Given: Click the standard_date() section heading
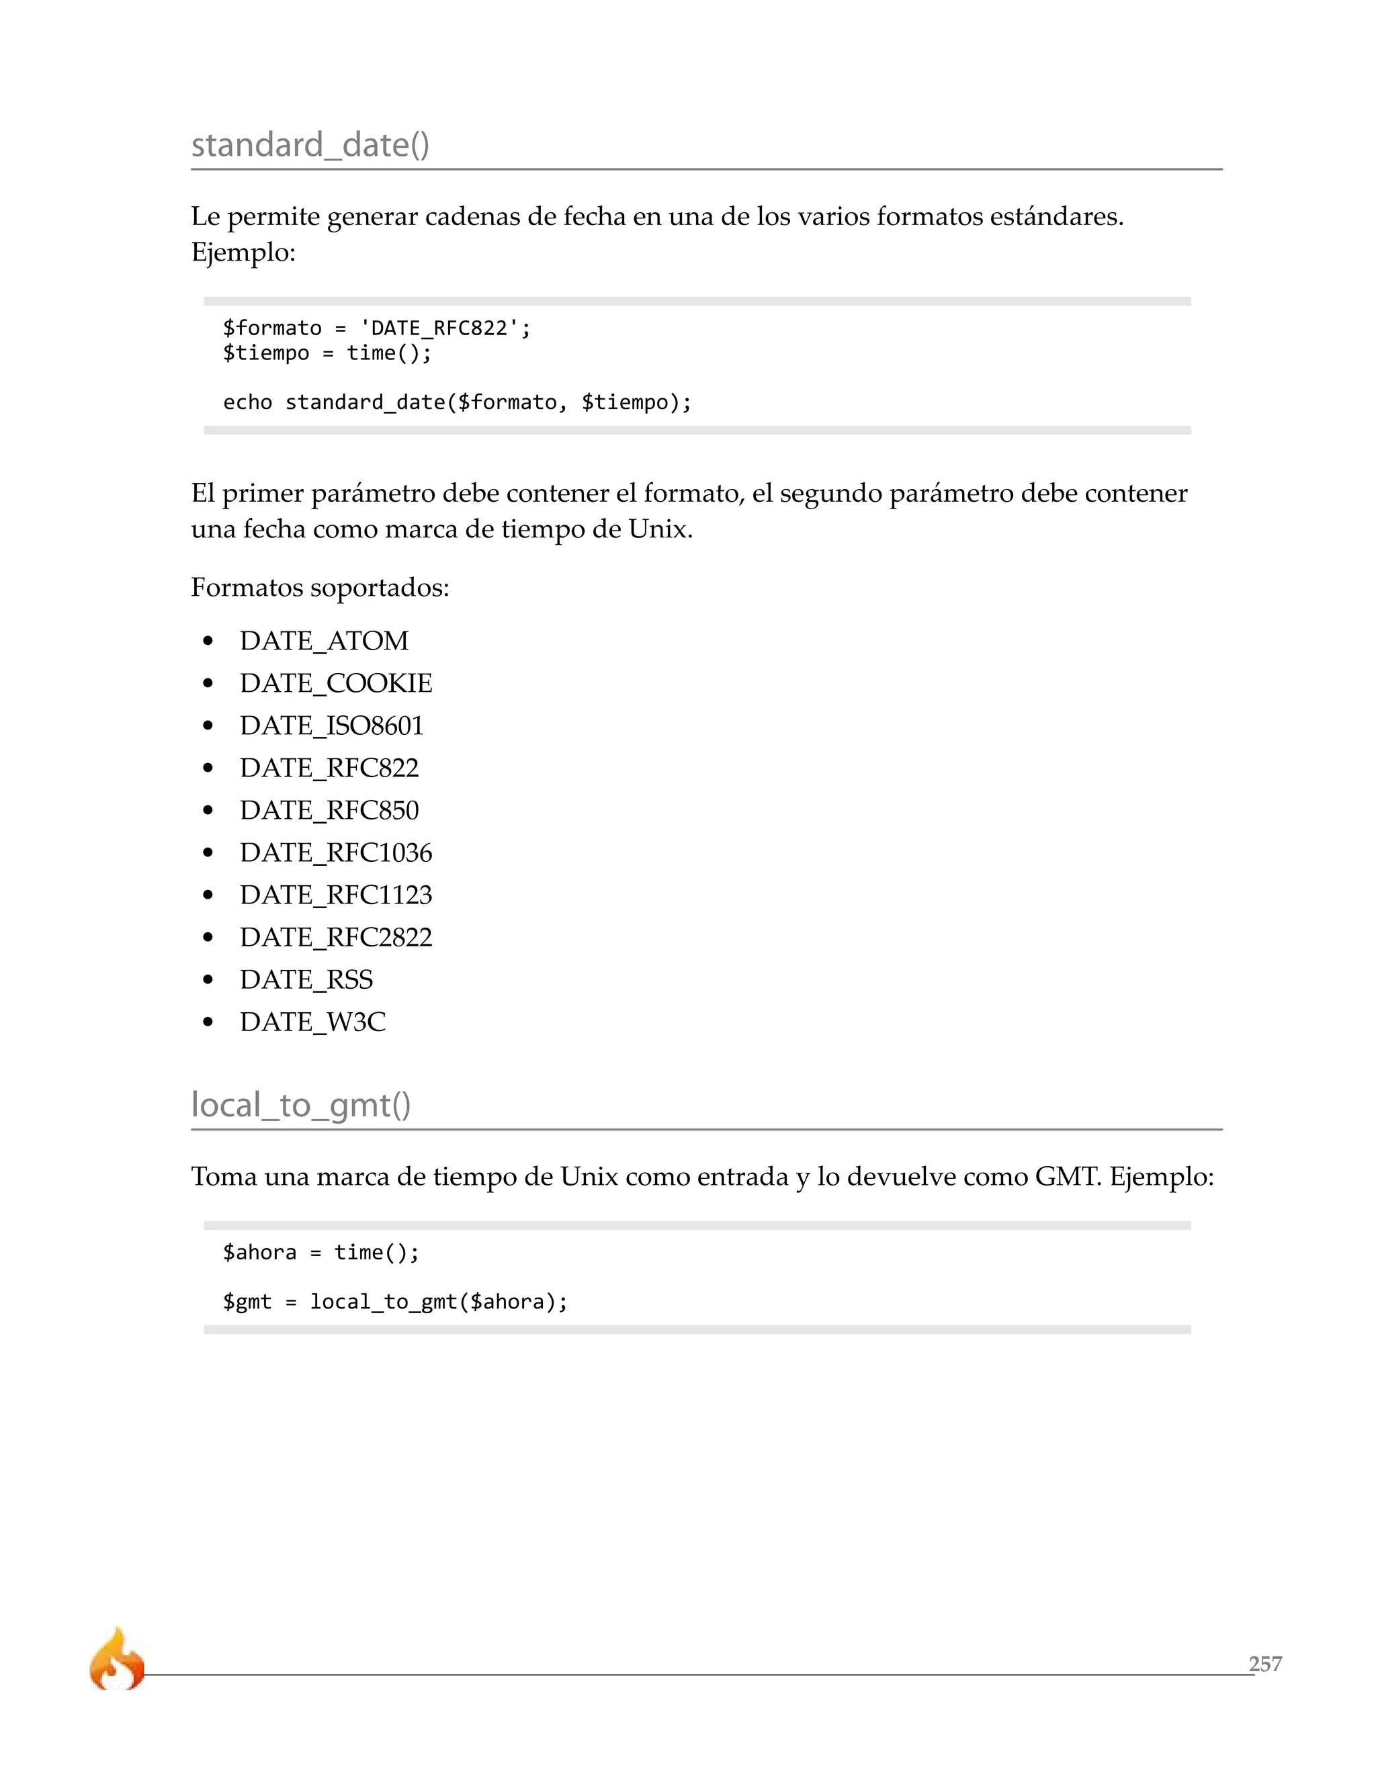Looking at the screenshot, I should click(310, 145).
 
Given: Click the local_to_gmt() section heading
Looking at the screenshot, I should click(301, 1105).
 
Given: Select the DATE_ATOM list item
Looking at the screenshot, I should click(324, 641).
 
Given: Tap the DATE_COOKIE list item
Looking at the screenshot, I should click(336, 684).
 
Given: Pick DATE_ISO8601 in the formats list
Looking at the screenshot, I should click(331, 726).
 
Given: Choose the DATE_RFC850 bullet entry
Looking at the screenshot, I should click(329, 811).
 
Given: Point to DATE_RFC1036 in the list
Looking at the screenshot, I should click(336, 853).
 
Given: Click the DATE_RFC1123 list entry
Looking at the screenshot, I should click(336, 895).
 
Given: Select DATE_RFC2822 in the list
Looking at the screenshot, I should click(336, 938).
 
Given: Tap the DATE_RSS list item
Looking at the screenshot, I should click(306, 981).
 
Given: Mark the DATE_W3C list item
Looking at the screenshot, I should click(312, 1023).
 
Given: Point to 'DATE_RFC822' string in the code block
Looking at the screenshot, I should click(439, 328).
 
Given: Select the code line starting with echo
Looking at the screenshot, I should click(456, 402).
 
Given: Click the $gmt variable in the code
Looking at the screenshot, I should click(247, 1302).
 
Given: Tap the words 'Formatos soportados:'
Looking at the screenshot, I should click(320, 588).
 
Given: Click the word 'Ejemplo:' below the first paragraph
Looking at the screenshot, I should click(243, 253).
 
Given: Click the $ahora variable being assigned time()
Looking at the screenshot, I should click(259, 1253).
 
